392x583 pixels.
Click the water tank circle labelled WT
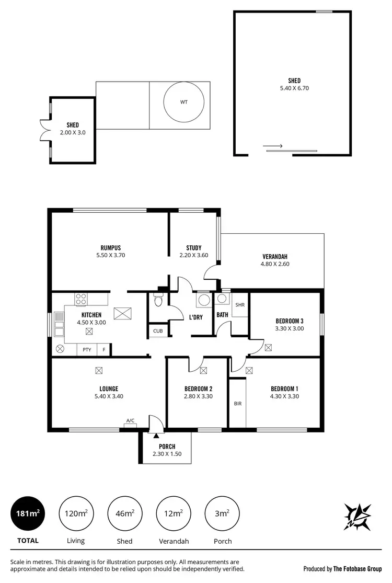183,102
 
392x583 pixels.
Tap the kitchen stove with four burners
81,300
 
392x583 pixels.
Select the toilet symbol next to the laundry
158,301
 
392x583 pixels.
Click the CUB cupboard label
157,331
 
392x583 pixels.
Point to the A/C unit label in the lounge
130,420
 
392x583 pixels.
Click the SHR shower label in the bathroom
240,305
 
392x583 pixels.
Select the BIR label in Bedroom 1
237,404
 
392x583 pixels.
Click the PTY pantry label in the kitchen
86,349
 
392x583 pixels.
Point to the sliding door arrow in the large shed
272,146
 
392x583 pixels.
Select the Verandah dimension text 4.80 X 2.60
275,264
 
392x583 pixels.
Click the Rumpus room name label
111,248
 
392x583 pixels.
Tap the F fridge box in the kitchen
104,349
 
